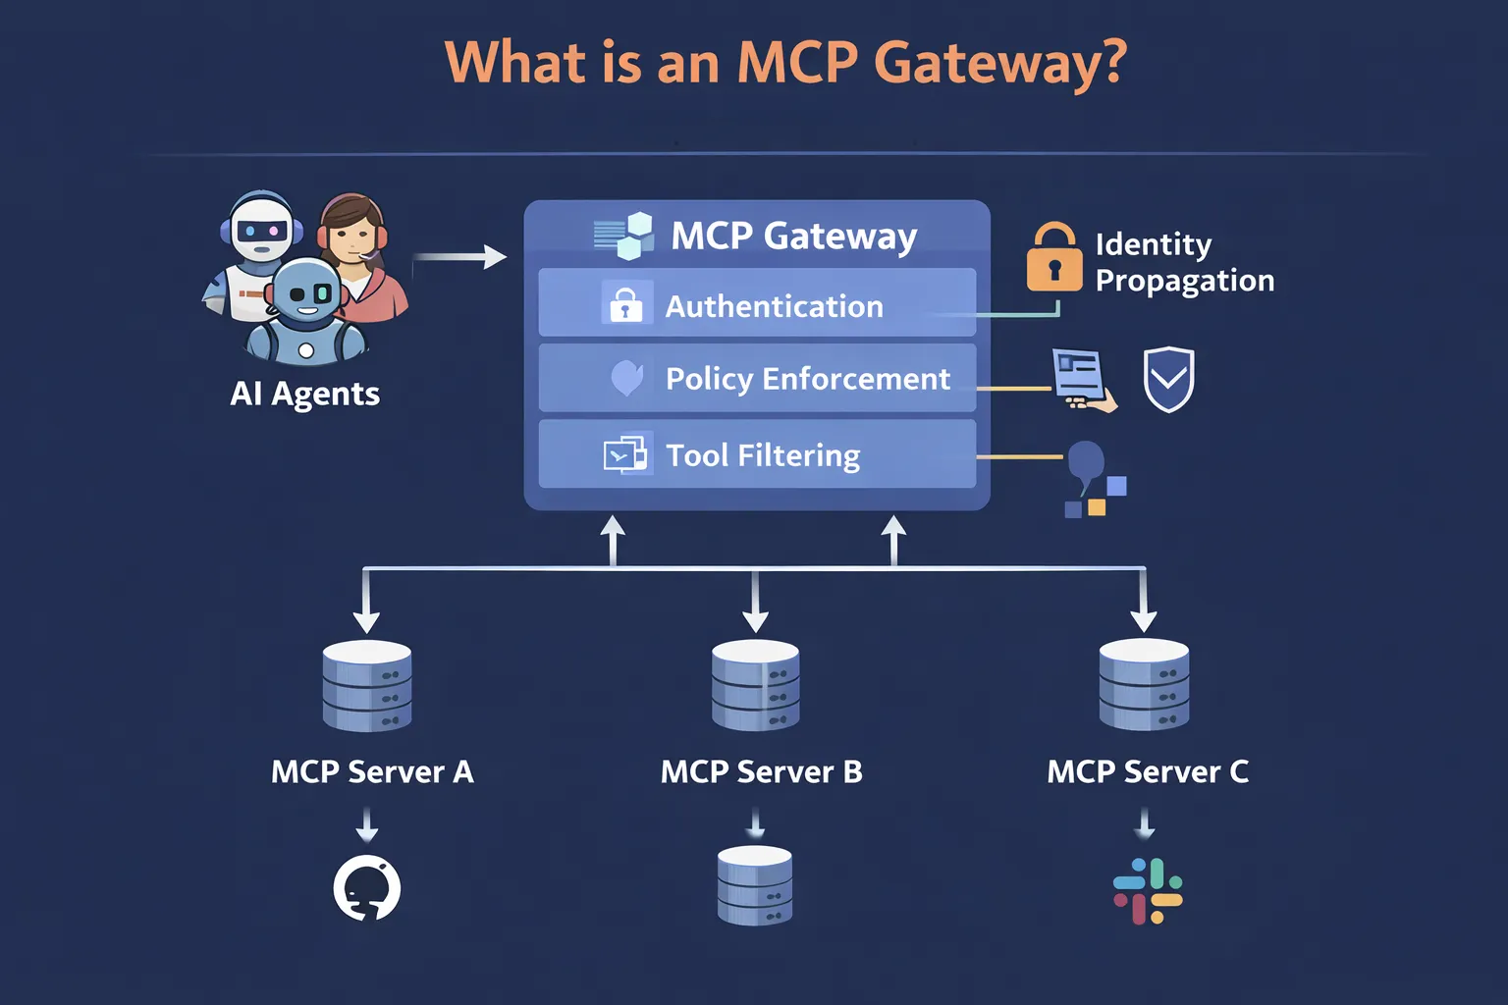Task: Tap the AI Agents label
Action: (304, 394)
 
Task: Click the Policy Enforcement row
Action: (757, 378)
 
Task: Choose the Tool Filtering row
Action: (757, 454)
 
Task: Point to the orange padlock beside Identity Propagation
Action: (1053, 259)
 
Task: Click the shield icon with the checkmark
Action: (1168, 379)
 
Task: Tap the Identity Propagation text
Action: (1184, 262)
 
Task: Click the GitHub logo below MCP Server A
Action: (367, 888)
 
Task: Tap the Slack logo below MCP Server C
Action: (1147, 891)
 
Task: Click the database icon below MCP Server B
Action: (754, 885)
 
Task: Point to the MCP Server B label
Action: (761, 772)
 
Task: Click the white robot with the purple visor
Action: (259, 236)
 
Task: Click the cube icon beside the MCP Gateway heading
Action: (625, 236)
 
